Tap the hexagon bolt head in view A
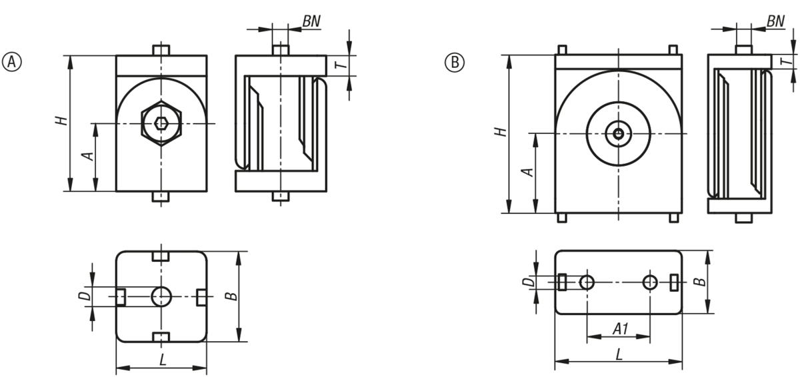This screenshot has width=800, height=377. coord(160,123)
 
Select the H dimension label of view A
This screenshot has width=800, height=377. coord(61,121)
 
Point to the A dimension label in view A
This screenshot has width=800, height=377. coord(86,156)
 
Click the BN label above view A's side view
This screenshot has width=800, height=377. coord(311,21)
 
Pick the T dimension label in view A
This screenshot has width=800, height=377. coord(339,65)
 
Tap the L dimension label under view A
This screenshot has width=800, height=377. coord(162,360)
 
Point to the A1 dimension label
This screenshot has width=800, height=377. coord(619,328)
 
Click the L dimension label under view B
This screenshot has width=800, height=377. coord(619,354)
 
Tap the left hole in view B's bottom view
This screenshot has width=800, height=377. coord(587,282)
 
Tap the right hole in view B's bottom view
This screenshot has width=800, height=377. coord(650,282)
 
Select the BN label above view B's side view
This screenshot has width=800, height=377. coord(775,21)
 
